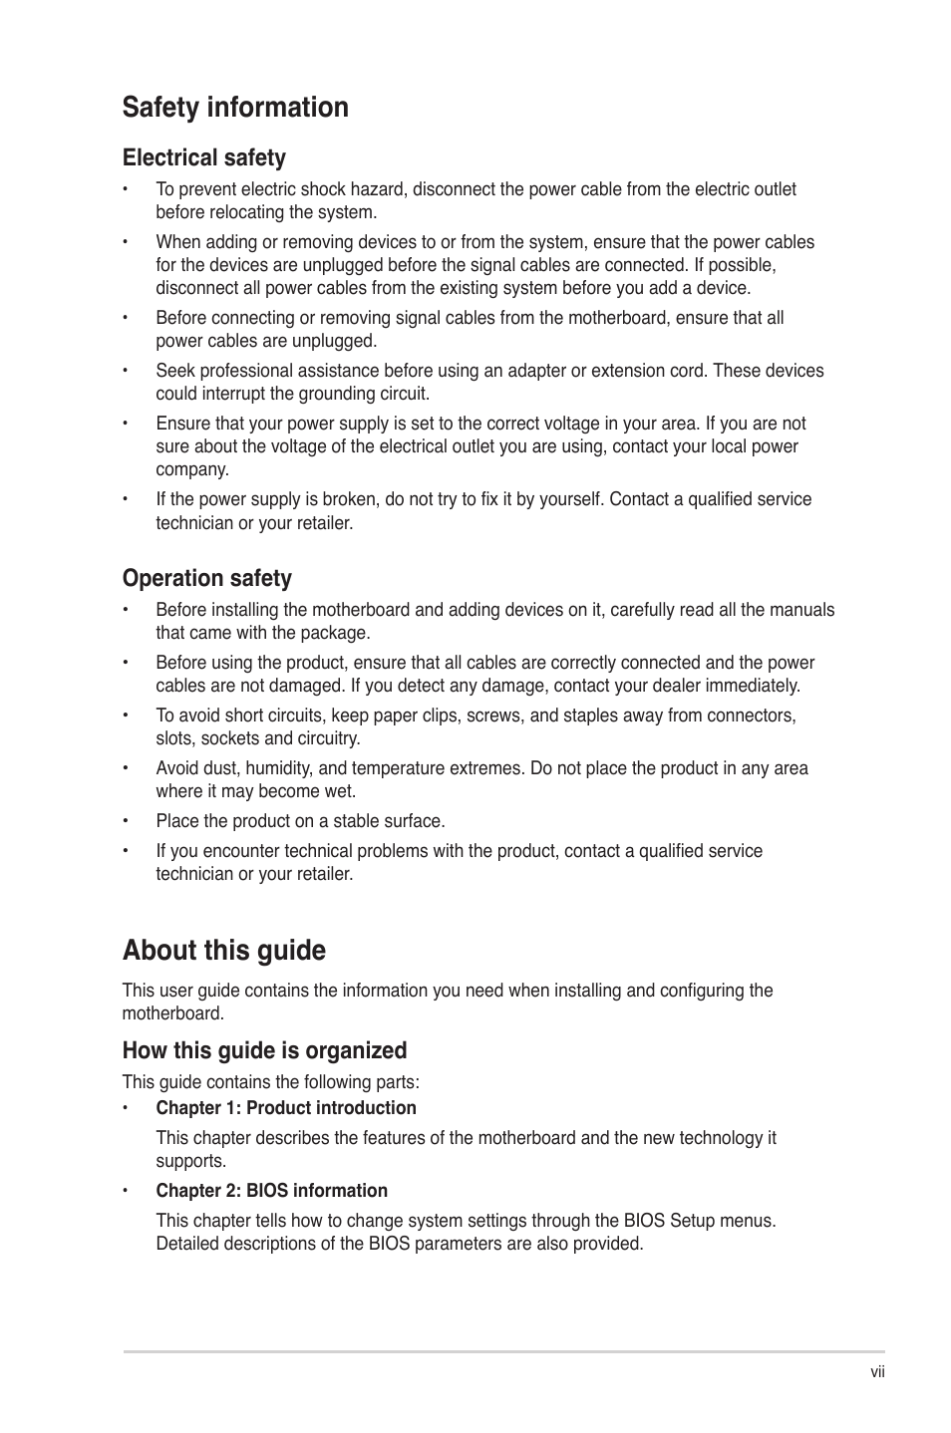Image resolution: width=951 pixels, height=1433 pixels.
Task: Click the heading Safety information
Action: (235, 108)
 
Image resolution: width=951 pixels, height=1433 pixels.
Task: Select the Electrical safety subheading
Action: (204, 157)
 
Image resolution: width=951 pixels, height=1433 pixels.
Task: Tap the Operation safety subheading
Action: (207, 578)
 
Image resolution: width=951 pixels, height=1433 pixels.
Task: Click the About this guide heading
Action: (224, 950)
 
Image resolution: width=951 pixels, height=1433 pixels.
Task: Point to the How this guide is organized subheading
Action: (264, 1050)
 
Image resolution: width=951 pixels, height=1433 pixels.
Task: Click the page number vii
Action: (877, 1372)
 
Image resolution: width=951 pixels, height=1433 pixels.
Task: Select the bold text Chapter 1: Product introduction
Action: (286, 1108)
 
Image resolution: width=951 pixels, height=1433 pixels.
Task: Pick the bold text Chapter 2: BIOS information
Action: (271, 1191)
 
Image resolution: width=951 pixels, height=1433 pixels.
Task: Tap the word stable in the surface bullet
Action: (344, 821)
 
